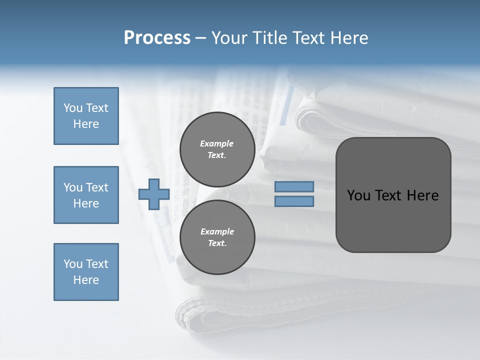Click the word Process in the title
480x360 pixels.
click(x=157, y=38)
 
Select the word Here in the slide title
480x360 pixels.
click(x=348, y=38)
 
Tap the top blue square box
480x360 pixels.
click(x=86, y=116)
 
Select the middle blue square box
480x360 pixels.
click(x=86, y=195)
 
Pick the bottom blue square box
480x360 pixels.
click(x=86, y=272)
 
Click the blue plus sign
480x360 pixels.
click(x=154, y=194)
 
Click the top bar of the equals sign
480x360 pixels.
click(x=294, y=186)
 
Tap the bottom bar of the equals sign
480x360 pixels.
click(x=294, y=201)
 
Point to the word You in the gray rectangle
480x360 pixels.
click(x=358, y=195)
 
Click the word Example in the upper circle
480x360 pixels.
click(x=216, y=143)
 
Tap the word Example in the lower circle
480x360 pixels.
click(x=217, y=231)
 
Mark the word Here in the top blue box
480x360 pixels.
click(x=86, y=124)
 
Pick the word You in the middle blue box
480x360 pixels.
click(x=73, y=187)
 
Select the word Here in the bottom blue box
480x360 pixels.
click(x=86, y=280)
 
